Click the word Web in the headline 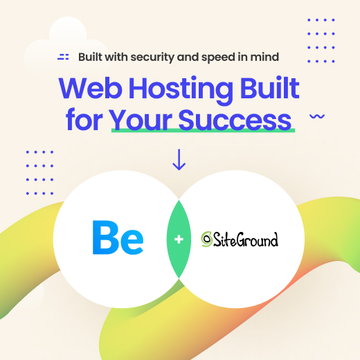pyautogui.click(x=91, y=89)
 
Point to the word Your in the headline pyautogui.click(x=141, y=118)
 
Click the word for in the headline pyautogui.click(x=84, y=118)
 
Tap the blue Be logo pyautogui.click(x=118, y=238)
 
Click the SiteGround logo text pyautogui.click(x=246, y=240)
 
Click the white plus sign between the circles pyautogui.click(x=179, y=239)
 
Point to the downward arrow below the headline pyautogui.click(x=179, y=159)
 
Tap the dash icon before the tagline pyautogui.click(x=64, y=56)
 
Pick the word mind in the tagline pyautogui.click(x=285, y=56)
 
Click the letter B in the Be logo pyautogui.click(x=105, y=238)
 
